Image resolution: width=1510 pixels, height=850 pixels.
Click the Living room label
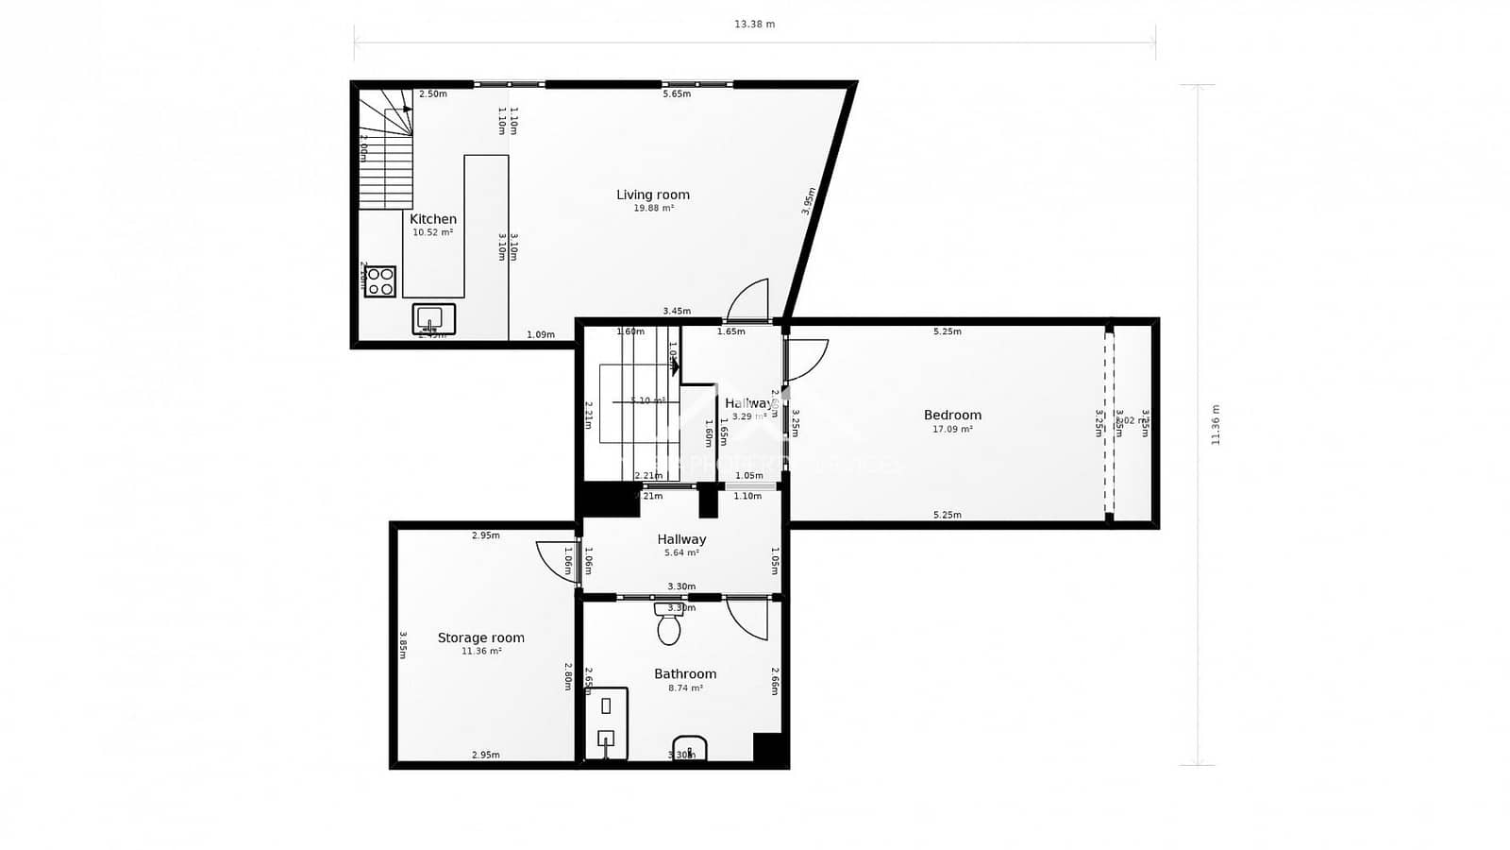pyautogui.click(x=653, y=195)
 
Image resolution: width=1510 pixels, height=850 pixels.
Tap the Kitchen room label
pyautogui.click(x=433, y=219)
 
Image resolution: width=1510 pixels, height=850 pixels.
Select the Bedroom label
pyautogui.click(x=952, y=415)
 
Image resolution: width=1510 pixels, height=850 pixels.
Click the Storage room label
pyautogui.click(x=480, y=637)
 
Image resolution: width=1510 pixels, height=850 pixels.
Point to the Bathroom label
pyautogui.click(x=685, y=673)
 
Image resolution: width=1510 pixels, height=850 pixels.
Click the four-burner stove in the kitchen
pyautogui.click(x=380, y=281)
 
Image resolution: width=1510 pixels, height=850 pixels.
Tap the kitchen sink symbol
pyautogui.click(x=433, y=319)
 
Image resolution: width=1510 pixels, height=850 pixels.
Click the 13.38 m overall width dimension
pyautogui.click(x=754, y=25)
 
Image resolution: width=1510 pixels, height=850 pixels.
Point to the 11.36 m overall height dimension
pyautogui.click(x=1216, y=425)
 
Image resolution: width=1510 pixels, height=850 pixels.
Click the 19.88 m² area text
pyautogui.click(x=653, y=209)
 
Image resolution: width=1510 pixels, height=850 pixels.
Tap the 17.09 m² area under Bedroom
pyautogui.click(x=952, y=429)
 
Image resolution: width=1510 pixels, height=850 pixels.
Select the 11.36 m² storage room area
pyautogui.click(x=480, y=652)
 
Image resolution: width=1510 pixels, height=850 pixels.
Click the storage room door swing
pyautogui.click(x=555, y=561)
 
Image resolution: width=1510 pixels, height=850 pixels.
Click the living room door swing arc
pyautogui.click(x=749, y=300)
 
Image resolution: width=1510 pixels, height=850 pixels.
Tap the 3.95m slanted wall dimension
pyautogui.click(x=809, y=200)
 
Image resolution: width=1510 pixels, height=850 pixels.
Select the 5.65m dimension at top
pyautogui.click(x=677, y=94)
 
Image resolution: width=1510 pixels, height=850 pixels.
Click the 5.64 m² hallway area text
pyautogui.click(x=681, y=553)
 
